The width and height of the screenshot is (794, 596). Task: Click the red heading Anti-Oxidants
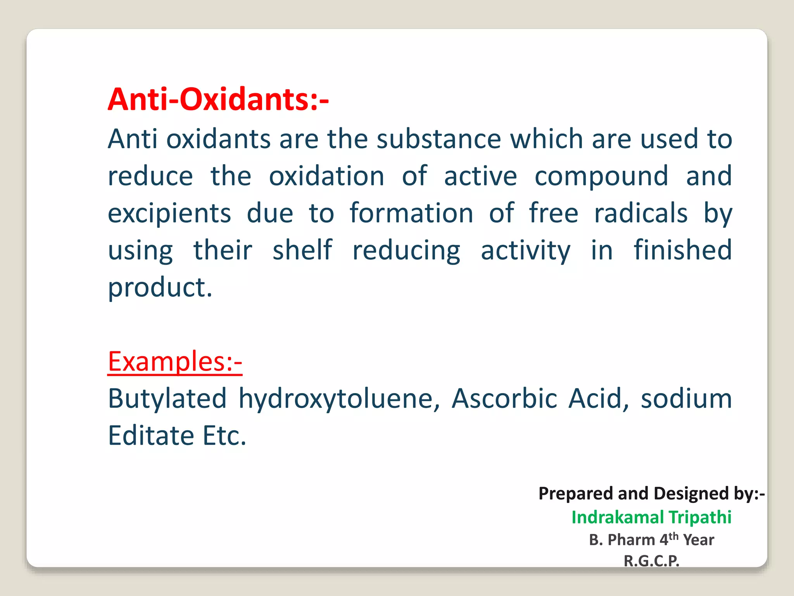(x=218, y=99)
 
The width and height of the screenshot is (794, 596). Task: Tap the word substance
(x=439, y=139)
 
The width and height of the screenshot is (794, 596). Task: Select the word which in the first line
(x=546, y=139)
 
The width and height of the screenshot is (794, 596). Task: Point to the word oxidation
(x=326, y=176)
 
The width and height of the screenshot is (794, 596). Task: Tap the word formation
(x=411, y=213)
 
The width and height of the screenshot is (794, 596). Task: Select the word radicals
(x=641, y=213)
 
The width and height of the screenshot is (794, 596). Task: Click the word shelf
(x=302, y=250)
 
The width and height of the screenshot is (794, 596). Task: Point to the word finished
(x=683, y=250)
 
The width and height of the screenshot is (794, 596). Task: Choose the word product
(x=160, y=288)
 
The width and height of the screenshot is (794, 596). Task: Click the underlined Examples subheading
(x=175, y=362)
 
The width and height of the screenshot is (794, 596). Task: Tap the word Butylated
(x=167, y=399)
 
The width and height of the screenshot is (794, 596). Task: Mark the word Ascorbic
(x=504, y=399)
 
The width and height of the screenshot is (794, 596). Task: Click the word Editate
(x=151, y=436)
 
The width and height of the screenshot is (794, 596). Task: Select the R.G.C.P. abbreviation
(x=651, y=561)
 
